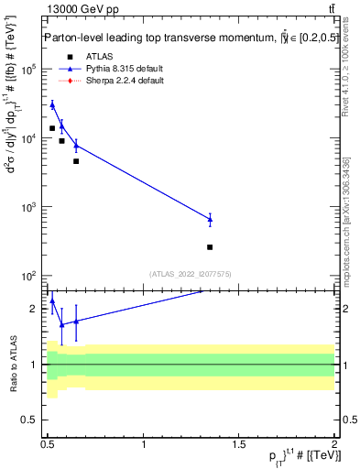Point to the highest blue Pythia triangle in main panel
(x=52, y=104)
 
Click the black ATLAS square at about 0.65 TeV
(x=76, y=161)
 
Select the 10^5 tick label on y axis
(x=28, y=70)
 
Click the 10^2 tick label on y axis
(x=28, y=276)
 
